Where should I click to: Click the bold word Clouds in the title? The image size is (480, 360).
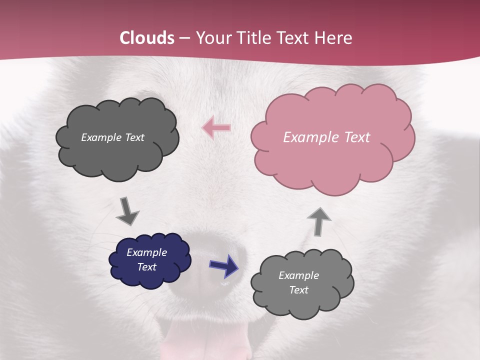coord(147,38)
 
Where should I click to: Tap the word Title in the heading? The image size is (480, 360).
coord(251,38)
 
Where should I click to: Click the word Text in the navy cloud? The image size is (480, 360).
coord(147,267)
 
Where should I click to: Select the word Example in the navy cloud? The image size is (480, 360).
coord(147,252)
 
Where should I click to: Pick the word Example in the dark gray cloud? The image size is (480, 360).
coord(100,137)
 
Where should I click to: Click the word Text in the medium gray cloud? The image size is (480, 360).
coord(299,290)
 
